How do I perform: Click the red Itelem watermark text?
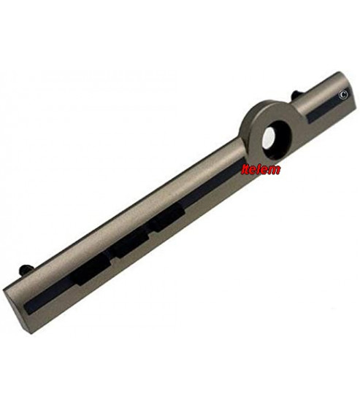pos(261,169)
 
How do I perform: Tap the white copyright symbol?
pos(343,95)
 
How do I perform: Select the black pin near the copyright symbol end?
pos(297,95)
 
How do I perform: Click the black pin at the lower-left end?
pos(26,268)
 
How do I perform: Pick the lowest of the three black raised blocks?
pos(91,269)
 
